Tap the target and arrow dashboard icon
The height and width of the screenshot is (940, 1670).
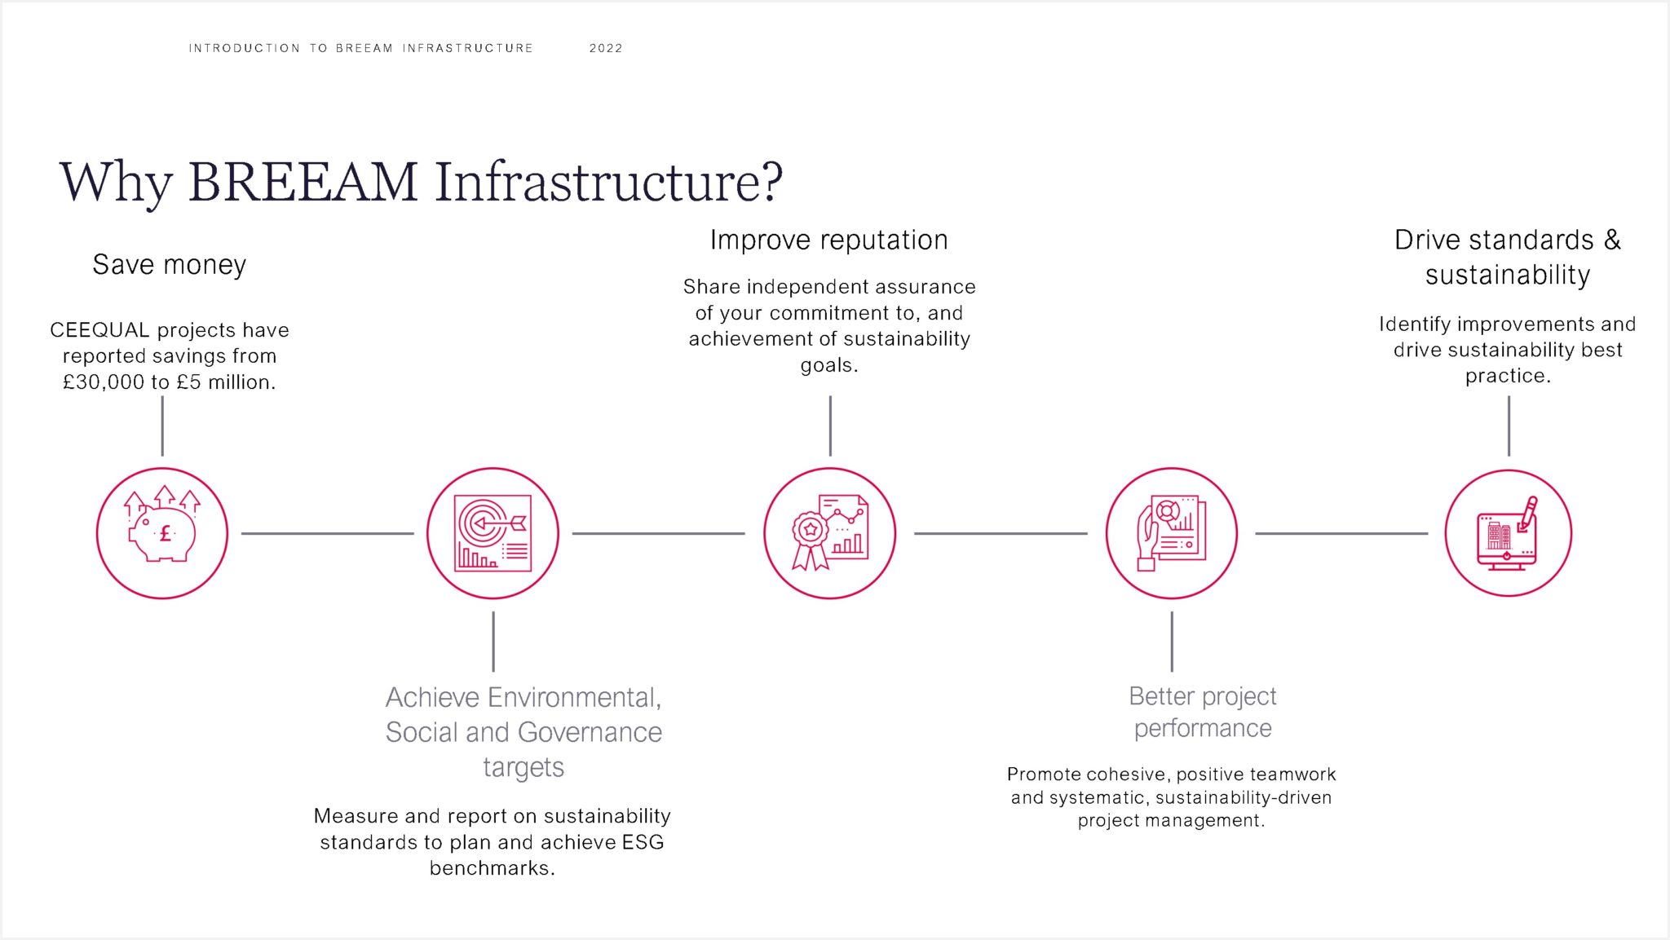(493, 533)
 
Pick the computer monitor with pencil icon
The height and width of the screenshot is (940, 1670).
(1508, 533)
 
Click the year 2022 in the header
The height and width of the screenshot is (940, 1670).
(606, 48)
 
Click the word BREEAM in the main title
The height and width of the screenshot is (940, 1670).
(303, 182)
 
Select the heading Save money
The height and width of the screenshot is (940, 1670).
(169, 265)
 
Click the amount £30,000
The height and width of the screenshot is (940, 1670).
(104, 382)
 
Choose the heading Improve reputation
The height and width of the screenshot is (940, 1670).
(828, 241)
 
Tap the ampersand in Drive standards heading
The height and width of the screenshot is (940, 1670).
(1611, 241)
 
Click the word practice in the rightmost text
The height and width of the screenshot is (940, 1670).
(1506, 376)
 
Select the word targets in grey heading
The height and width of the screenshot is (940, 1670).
(524, 767)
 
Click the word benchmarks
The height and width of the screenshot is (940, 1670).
(490, 868)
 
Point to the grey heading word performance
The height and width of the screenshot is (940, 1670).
(1202, 728)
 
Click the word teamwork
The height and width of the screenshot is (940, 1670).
(1295, 775)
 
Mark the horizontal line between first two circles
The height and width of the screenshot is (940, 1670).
(327, 533)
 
